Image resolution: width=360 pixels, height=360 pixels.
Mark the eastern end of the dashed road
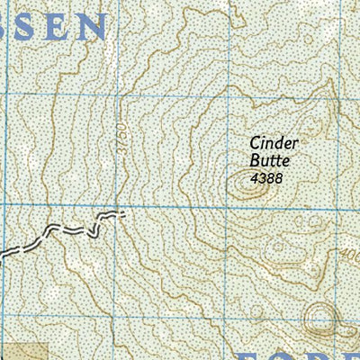(121, 214)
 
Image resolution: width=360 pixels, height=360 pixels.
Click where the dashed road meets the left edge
(2, 255)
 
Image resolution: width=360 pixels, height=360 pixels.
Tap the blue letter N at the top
(91, 27)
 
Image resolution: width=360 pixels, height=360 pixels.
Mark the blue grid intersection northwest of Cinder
(225, 95)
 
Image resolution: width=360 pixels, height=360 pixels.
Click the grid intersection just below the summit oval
(225, 206)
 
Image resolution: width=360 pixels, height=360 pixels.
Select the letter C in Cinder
(256, 142)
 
